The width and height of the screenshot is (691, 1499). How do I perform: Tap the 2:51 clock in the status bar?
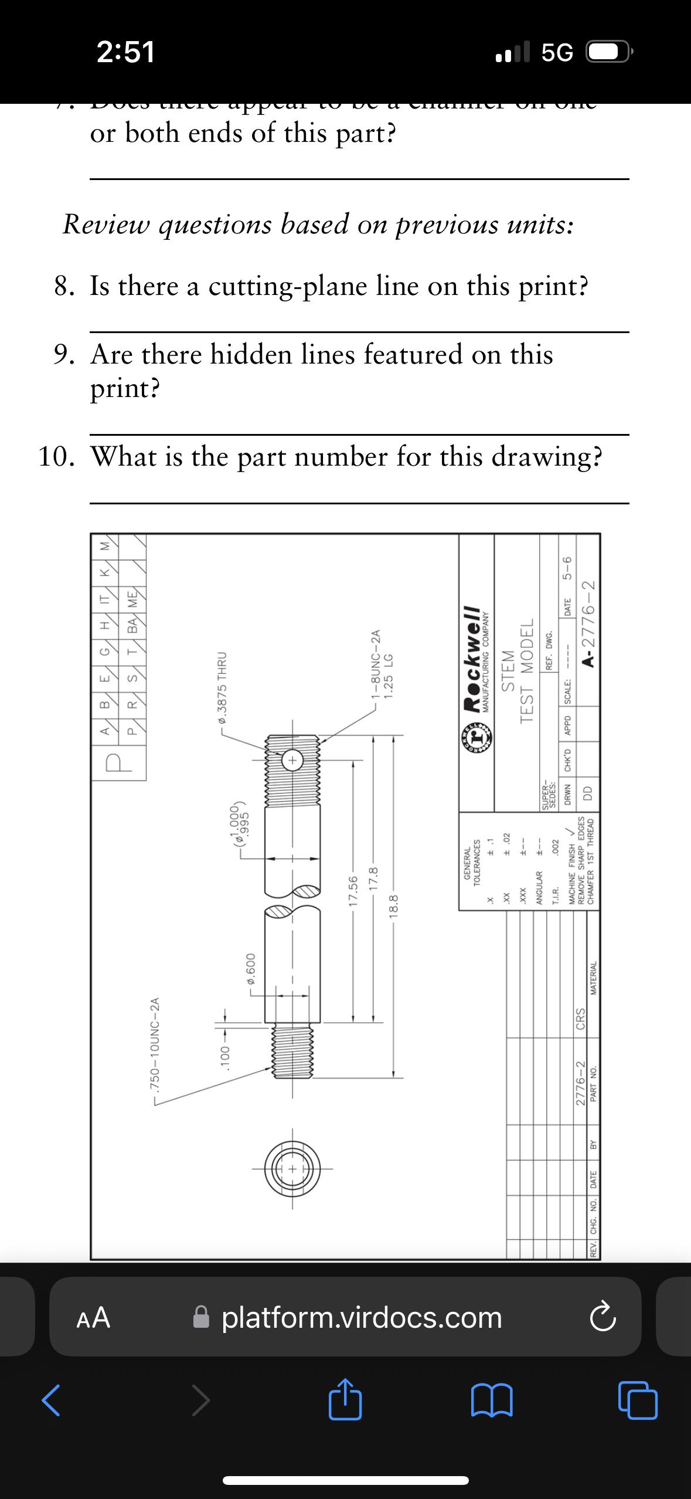pos(126,52)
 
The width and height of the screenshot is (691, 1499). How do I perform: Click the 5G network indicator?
pos(557,53)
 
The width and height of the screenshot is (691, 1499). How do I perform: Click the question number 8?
pos(64,287)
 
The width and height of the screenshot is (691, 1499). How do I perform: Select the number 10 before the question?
pos(57,457)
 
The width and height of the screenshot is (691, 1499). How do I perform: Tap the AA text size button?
pos(94,1317)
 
